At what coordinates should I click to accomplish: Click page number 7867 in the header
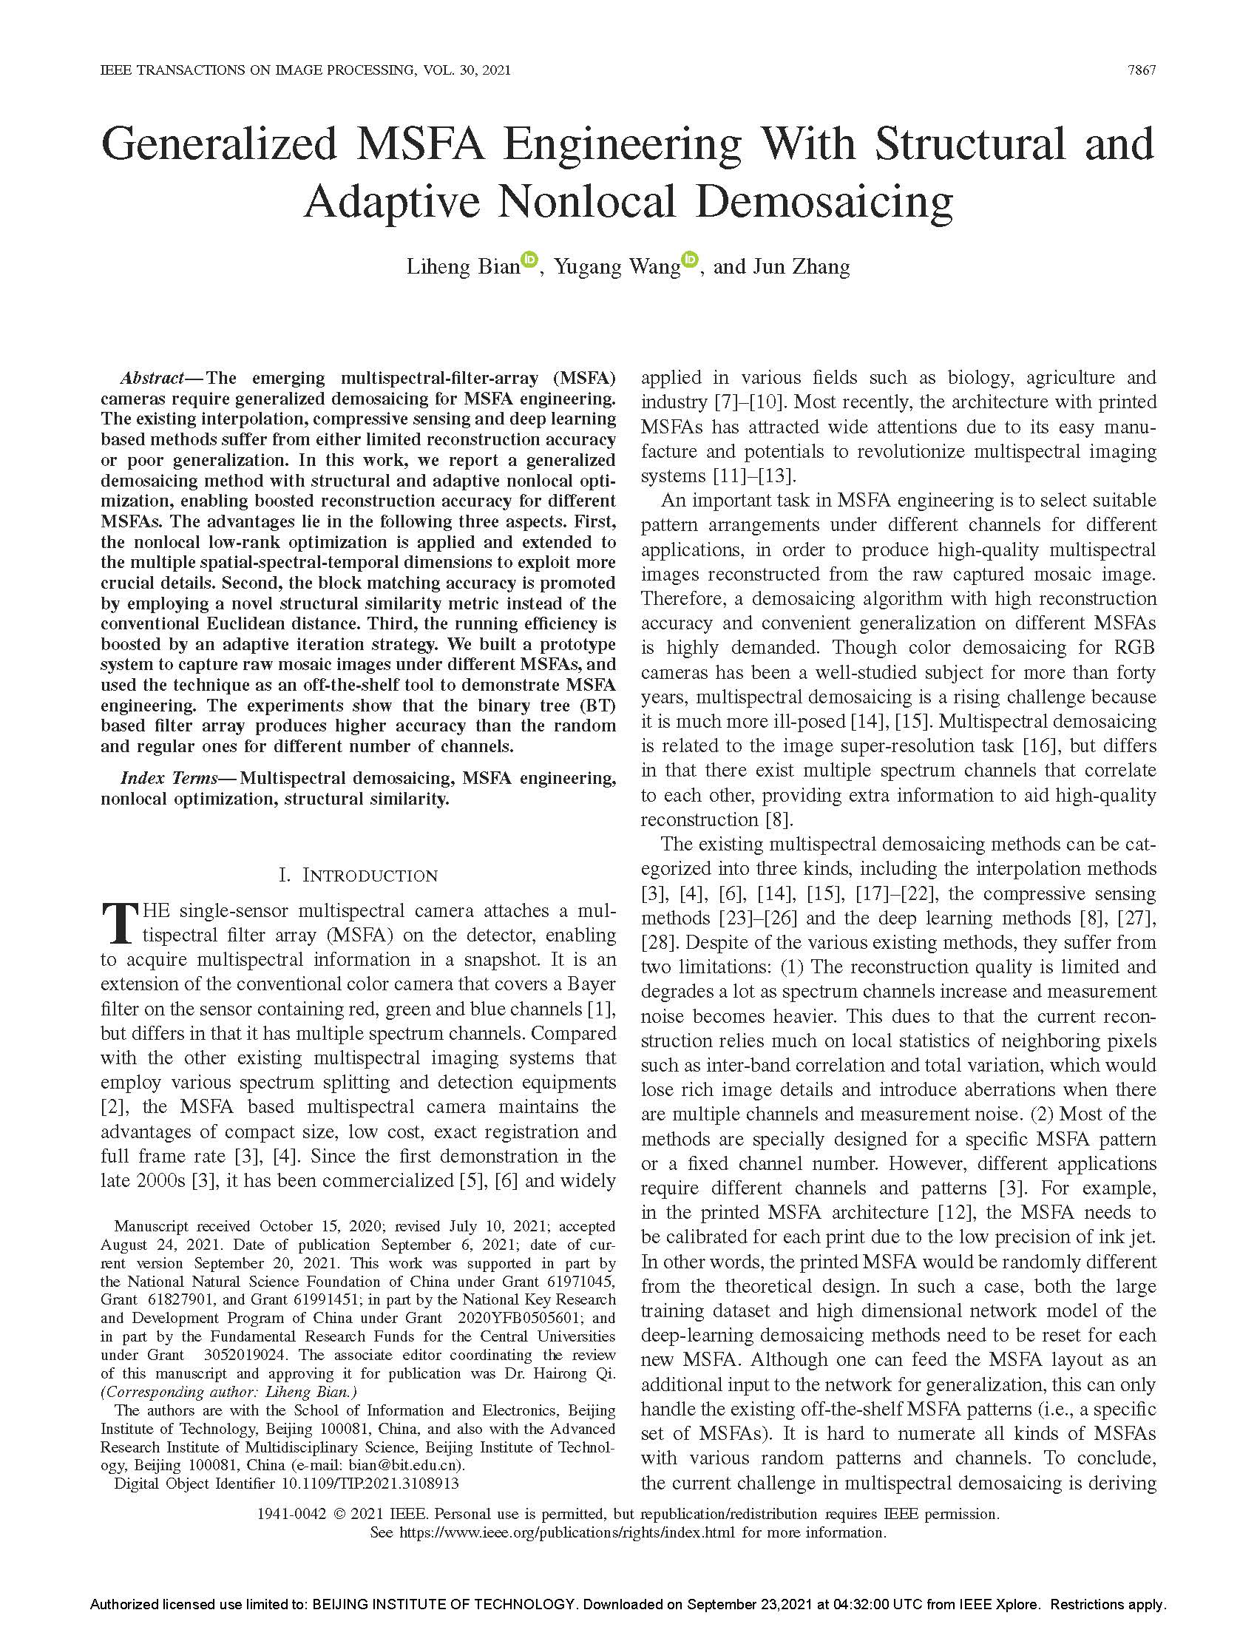[1142, 71]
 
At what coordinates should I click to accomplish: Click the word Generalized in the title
[220, 143]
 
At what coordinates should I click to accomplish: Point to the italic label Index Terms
[169, 779]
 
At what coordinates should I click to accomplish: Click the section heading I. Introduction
[358, 876]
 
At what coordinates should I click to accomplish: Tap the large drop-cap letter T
[118, 923]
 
